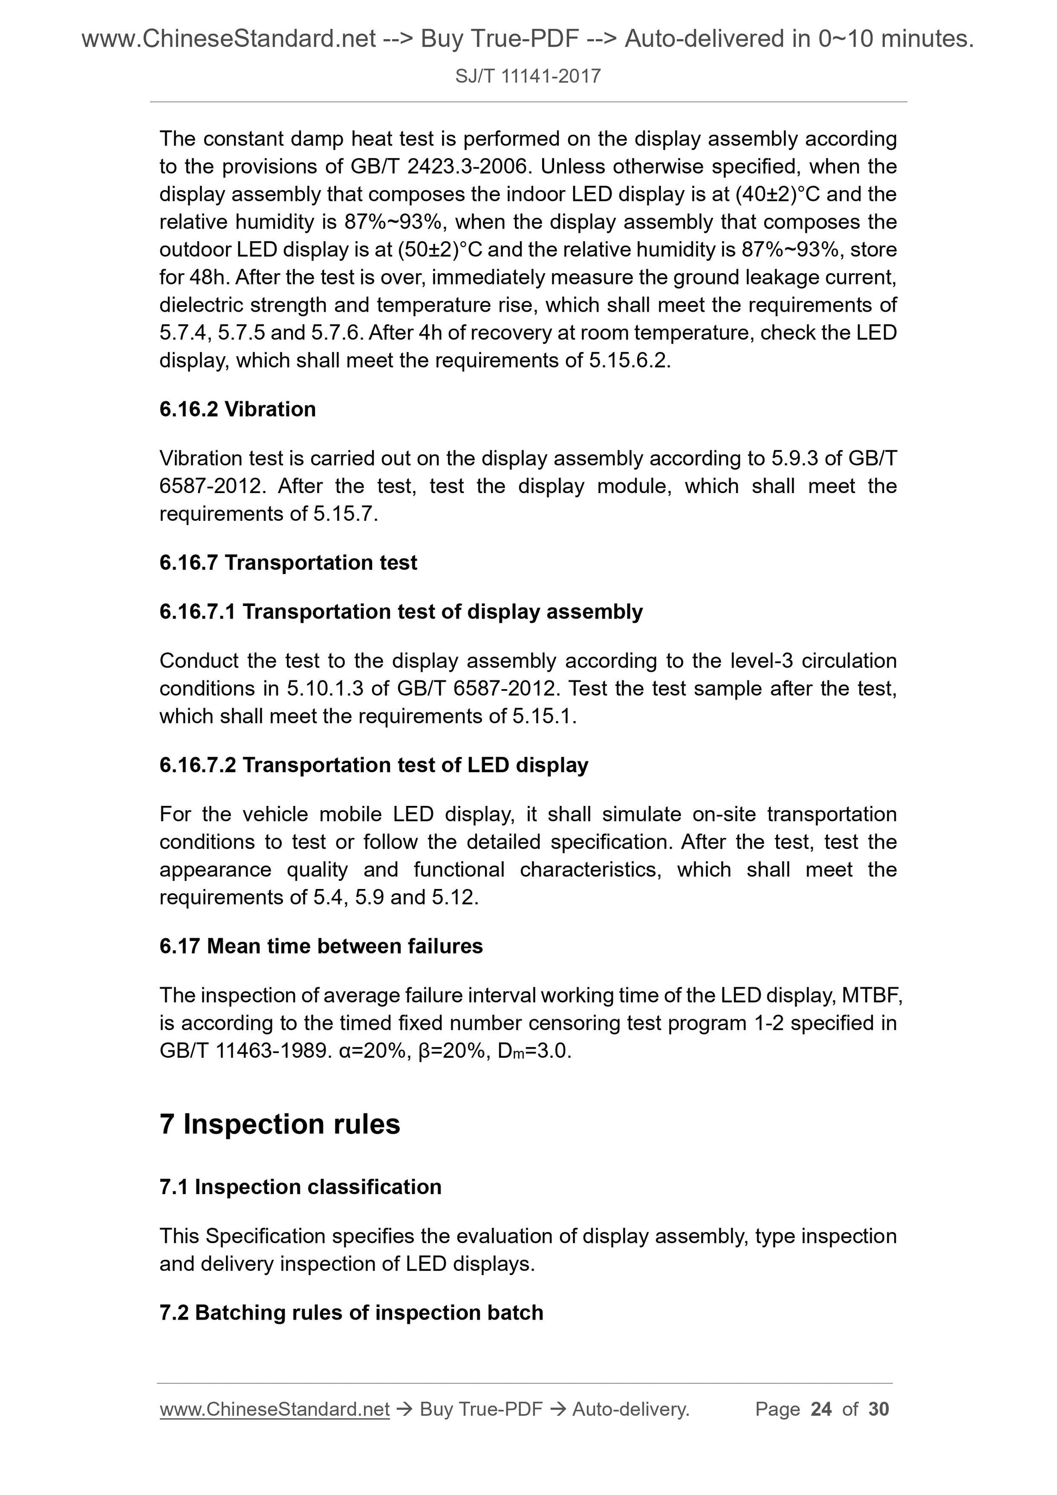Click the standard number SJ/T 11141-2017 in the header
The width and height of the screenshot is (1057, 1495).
tap(527, 77)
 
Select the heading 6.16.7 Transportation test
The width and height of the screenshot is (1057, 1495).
tap(288, 563)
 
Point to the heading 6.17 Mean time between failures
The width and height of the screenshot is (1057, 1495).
tap(320, 946)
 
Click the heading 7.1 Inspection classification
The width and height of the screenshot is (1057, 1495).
tap(300, 1187)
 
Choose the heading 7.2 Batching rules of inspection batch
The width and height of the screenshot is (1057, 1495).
tap(351, 1313)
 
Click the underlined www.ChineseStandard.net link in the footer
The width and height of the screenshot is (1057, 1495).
tap(274, 1409)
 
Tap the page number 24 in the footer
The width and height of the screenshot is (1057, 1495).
tap(821, 1409)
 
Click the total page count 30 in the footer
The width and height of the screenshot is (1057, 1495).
tap(878, 1409)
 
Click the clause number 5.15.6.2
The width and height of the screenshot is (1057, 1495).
tap(628, 361)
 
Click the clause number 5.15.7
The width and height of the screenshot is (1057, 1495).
tap(344, 514)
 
